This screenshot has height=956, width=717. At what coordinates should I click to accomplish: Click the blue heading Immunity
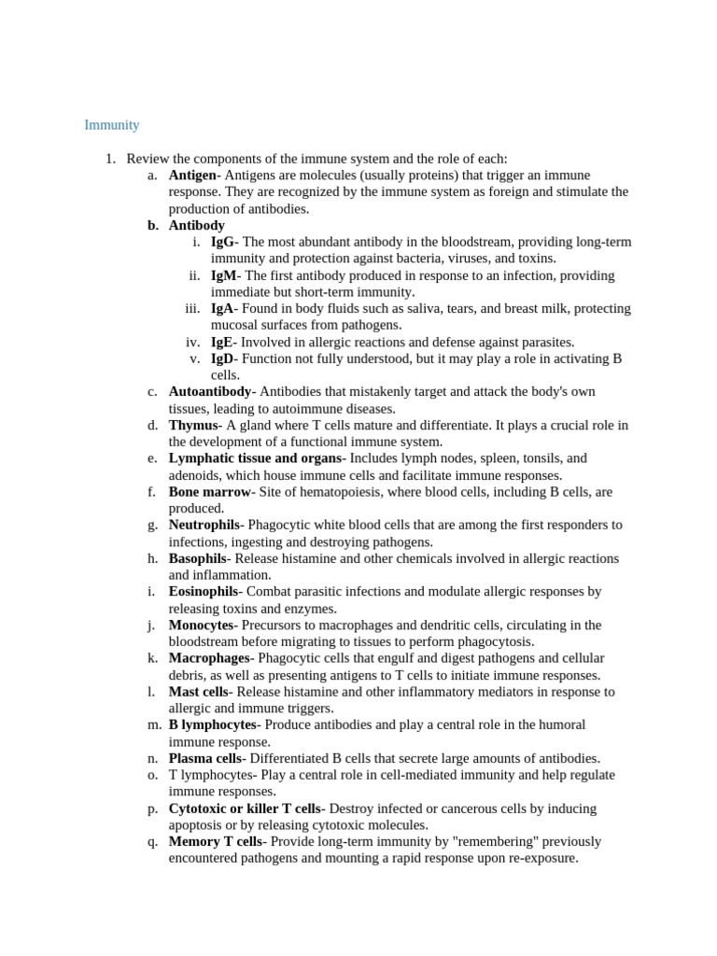111,125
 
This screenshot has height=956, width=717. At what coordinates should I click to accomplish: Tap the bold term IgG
223,242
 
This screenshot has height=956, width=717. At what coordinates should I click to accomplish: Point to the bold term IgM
224,275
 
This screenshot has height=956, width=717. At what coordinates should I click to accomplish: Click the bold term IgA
223,309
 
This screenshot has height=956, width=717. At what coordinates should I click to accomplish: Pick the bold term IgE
222,343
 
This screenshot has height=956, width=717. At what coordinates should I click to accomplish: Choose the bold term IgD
223,358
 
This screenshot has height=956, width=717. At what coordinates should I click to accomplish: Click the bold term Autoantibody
209,392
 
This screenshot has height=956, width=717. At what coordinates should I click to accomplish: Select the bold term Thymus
192,426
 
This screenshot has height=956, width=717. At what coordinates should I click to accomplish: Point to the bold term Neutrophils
204,526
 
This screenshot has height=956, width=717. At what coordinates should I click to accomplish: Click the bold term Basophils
197,559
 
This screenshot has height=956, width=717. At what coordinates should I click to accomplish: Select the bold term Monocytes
200,626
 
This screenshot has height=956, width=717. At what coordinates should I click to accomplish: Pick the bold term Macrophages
208,659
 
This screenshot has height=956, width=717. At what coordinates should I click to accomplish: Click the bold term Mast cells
198,692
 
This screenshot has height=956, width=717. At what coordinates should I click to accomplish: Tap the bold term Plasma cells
204,759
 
